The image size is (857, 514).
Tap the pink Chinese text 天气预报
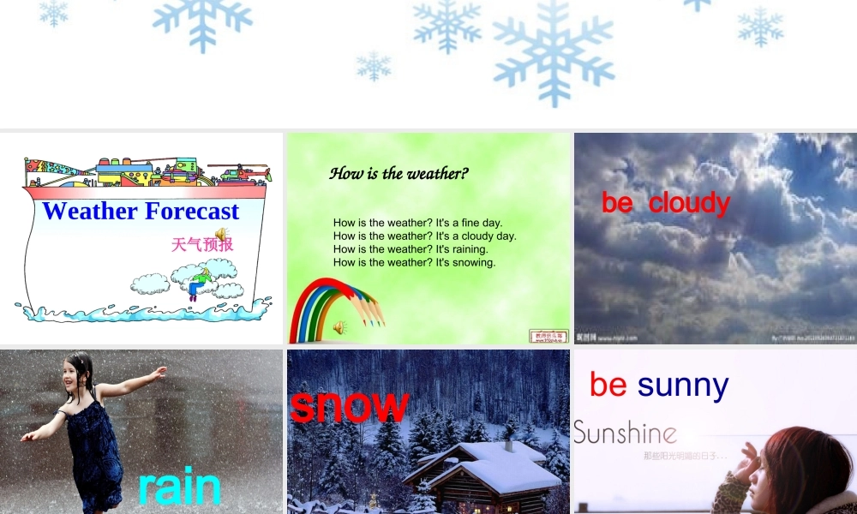coord(201,244)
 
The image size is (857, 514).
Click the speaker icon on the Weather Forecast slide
coord(220,234)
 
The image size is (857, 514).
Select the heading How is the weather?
coord(399,174)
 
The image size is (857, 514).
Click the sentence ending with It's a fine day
coord(417,223)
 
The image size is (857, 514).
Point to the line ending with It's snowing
coord(414,262)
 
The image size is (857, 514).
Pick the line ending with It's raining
coord(412,249)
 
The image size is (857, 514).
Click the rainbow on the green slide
coord(321,304)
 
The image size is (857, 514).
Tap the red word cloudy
coord(689,203)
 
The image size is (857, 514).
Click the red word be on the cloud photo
coord(617,203)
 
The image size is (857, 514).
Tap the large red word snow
coord(349,405)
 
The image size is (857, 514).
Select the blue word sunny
coord(682,386)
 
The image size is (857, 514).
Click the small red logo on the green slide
coord(548,336)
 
